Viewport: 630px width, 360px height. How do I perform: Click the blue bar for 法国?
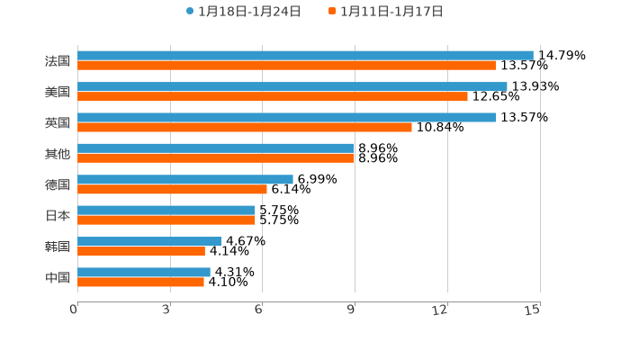305,55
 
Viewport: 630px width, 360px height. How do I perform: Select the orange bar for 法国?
286,66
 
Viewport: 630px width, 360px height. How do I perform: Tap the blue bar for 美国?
292,86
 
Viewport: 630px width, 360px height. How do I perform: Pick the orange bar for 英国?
245,127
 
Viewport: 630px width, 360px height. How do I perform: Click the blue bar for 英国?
286,117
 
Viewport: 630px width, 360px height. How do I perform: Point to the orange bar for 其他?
216,158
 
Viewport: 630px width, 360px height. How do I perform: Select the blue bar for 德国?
185,179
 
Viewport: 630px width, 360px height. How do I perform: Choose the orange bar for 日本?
166,220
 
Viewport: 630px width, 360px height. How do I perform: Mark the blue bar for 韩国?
149,241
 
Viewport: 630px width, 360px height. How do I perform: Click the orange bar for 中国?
140,283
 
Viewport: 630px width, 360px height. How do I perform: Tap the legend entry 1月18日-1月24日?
243,12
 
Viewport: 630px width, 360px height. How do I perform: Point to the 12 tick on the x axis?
440,310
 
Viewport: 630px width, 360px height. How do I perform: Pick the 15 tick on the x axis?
533,310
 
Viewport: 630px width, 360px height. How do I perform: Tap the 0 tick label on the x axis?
74,310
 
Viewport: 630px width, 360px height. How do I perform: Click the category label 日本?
58,216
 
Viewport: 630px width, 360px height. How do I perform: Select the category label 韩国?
58,247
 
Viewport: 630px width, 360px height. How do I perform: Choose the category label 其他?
58,154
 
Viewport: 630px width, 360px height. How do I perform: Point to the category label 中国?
58,278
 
